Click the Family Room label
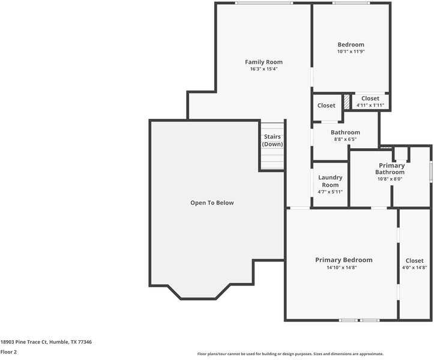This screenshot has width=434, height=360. point(264,62)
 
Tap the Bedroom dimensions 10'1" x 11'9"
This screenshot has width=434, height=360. point(351,52)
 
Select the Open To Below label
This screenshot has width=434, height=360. point(212,203)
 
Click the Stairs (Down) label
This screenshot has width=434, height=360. point(272,140)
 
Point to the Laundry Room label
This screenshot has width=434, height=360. point(330,181)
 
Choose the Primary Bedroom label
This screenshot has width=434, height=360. point(343,260)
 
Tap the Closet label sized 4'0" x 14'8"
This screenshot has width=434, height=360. point(414,260)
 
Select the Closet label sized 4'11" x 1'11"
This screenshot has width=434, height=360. point(370,98)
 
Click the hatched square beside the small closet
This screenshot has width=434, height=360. point(346,102)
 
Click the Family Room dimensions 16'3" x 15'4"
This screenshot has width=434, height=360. point(264,69)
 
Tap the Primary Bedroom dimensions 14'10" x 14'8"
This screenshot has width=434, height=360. point(342,268)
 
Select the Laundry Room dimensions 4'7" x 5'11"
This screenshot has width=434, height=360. point(330,192)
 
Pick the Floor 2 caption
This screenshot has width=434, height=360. point(8,352)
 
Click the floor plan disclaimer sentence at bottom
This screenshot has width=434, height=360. point(290,354)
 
